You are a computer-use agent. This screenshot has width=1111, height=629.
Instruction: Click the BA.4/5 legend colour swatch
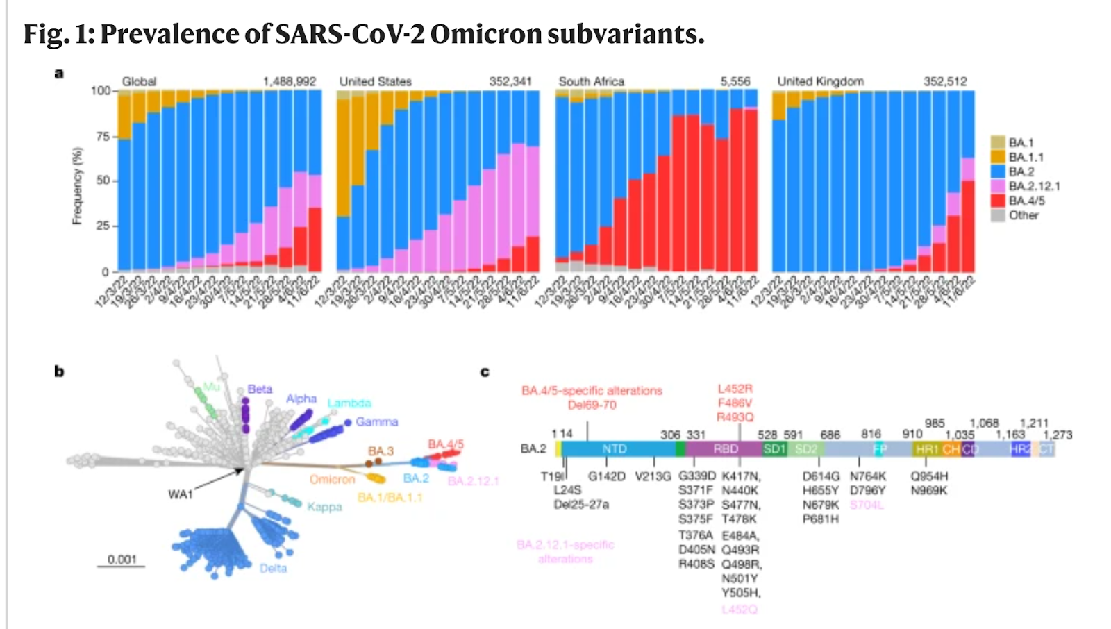pyautogui.click(x=998, y=201)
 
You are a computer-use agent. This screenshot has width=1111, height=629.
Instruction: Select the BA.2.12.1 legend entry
pyautogui.click(x=1034, y=186)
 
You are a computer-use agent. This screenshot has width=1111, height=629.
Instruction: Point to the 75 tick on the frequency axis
pyautogui.click(x=101, y=136)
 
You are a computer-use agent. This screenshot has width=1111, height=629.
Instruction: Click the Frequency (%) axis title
pyautogui.click(x=77, y=185)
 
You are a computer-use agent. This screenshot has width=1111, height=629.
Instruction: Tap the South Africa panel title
pyautogui.click(x=591, y=81)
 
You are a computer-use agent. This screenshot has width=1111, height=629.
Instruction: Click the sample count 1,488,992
pyautogui.click(x=289, y=81)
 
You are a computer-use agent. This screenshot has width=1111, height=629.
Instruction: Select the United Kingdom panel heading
pyautogui.click(x=820, y=81)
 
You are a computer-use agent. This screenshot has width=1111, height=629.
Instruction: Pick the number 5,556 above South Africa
pyautogui.click(x=735, y=81)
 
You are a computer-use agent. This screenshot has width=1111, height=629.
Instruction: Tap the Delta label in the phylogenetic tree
pyautogui.click(x=273, y=568)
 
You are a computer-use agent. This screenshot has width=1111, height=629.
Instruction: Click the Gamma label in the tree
pyautogui.click(x=376, y=421)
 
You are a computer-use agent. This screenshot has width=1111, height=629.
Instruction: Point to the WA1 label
pyautogui.click(x=181, y=494)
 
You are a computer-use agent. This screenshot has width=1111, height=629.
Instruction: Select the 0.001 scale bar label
pyautogui.click(x=122, y=560)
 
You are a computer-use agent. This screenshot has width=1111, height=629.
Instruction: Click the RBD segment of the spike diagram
pyautogui.click(x=725, y=449)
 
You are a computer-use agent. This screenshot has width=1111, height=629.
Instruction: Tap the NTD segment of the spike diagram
pyautogui.click(x=615, y=449)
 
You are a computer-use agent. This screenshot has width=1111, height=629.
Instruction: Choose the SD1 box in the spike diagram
pyautogui.click(x=774, y=449)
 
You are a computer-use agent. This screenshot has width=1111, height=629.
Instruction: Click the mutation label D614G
pyautogui.click(x=821, y=476)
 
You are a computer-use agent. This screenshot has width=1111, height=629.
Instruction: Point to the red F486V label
pyautogui.click(x=735, y=403)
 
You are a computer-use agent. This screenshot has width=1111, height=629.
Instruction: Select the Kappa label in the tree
pyautogui.click(x=324, y=507)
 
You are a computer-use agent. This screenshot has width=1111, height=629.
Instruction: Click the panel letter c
pyautogui.click(x=485, y=372)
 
